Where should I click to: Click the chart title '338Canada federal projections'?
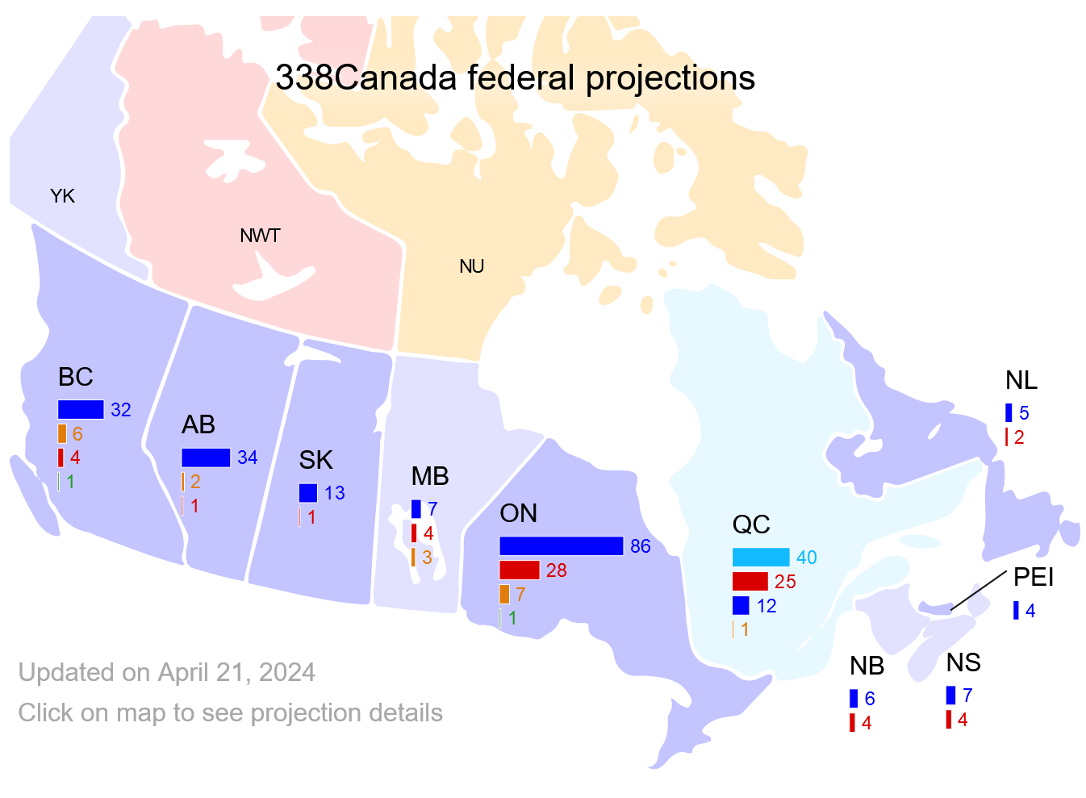pos(515,78)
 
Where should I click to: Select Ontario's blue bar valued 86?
pos(561,546)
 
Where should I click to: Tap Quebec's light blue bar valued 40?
pos(760,558)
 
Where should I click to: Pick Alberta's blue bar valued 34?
pos(206,457)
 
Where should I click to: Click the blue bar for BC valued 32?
pos(81,410)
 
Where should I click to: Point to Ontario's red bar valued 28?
pos(519,570)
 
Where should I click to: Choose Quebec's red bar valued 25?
pos(750,581)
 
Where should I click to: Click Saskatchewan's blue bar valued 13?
pos(307,493)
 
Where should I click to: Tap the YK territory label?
pos(62,196)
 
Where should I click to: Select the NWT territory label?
pos(260,236)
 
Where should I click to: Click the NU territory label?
pos(471,266)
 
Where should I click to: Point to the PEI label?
pos(1034,577)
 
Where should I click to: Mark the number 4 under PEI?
pos(1030,612)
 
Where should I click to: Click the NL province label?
pos(1021,380)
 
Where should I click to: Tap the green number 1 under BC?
pos(71,483)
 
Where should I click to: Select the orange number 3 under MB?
pos(427,558)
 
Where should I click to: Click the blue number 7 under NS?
pos(967,696)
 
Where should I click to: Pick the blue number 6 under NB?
pos(870,699)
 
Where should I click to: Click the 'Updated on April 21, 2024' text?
pos(167,672)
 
